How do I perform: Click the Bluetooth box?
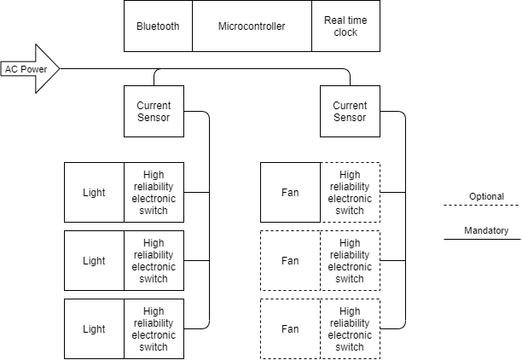coord(158,26)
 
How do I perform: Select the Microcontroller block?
coord(252,26)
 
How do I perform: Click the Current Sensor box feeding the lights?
coord(154,112)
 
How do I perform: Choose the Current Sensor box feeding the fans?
coord(350,112)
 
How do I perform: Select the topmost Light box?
coord(94,193)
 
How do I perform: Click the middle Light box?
coord(94,261)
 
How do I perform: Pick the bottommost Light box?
coord(94,329)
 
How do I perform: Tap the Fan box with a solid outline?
coord(290,193)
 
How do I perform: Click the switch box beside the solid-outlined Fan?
coord(350,193)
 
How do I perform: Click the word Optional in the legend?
coord(486,197)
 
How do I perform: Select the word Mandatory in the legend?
coord(486,231)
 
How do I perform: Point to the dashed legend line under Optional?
coord(481,206)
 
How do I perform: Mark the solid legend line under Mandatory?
coord(481,240)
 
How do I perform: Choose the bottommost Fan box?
coord(290,329)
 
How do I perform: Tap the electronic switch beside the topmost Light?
coord(154,193)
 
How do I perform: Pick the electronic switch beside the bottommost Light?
coord(154,329)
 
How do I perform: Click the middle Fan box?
coord(290,261)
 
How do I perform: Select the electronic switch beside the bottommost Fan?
coord(350,329)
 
